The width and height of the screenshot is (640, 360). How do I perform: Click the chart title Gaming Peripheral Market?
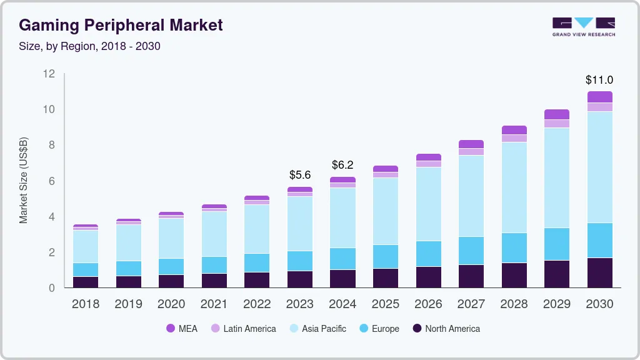pyautogui.click(x=121, y=25)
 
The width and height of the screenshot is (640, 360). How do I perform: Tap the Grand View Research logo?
pyautogui.click(x=584, y=26)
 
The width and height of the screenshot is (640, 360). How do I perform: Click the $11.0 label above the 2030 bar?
pyautogui.click(x=599, y=80)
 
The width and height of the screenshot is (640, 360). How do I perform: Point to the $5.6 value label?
pyautogui.click(x=301, y=175)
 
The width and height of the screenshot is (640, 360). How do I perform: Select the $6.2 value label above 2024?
pyautogui.click(x=343, y=165)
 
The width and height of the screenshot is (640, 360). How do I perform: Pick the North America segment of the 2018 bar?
pyautogui.click(x=86, y=282)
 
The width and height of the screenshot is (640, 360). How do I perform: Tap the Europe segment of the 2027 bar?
pyautogui.click(x=471, y=250)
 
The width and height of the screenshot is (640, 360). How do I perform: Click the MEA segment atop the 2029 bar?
pyautogui.click(x=557, y=114)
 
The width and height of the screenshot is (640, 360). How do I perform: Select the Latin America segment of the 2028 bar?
pyautogui.click(x=514, y=138)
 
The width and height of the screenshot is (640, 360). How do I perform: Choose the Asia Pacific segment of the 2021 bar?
pyautogui.click(x=214, y=234)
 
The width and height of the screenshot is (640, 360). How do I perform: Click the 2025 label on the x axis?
pyautogui.click(x=386, y=304)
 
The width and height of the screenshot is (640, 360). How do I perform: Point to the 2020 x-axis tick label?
pyautogui.click(x=171, y=304)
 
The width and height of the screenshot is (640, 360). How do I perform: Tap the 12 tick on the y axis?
pyautogui.click(x=49, y=74)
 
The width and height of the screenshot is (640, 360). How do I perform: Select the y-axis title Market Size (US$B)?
pyautogui.click(x=24, y=181)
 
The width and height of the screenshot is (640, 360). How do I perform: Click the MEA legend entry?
pyautogui.click(x=182, y=328)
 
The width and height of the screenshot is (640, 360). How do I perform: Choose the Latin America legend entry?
pyautogui.click(x=243, y=328)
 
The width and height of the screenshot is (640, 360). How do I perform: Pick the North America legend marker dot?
pyautogui.click(x=417, y=328)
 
